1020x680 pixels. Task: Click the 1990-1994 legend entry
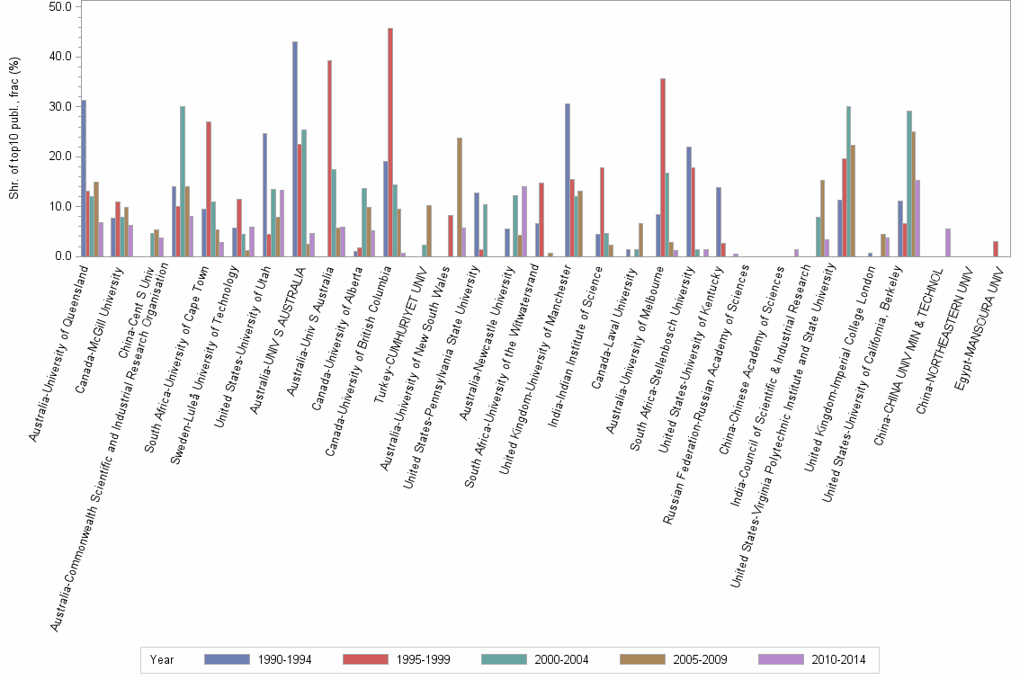click(256, 659)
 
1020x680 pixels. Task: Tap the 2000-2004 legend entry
click(534, 659)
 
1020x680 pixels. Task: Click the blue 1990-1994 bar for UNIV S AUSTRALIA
click(295, 148)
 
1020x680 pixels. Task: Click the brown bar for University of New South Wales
click(459, 197)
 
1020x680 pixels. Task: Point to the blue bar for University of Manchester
click(568, 180)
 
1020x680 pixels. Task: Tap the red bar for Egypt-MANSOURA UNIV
click(996, 249)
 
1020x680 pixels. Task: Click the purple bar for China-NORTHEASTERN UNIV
click(948, 243)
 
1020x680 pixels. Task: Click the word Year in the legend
click(162, 659)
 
